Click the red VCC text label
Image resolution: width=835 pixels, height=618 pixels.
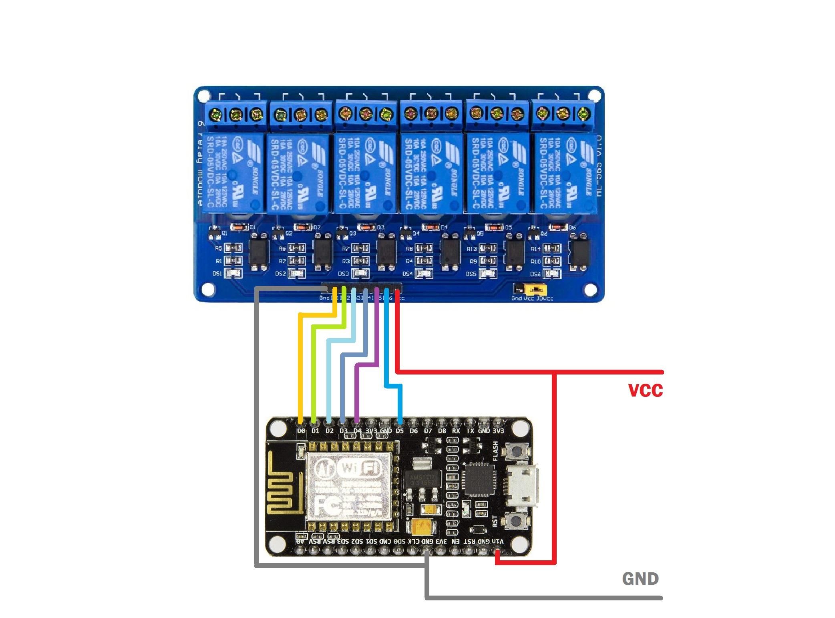pyautogui.click(x=645, y=390)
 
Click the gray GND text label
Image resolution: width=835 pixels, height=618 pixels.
pyautogui.click(x=640, y=578)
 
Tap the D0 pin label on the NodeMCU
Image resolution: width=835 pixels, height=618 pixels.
pyautogui.click(x=302, y=431)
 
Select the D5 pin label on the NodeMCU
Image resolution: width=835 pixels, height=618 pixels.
pyautogui.click(x=399, y=431)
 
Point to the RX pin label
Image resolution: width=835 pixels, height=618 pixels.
pyautogui.click(x=456, y=431)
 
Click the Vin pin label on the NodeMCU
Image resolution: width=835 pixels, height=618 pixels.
pyautogui.click(x=499, y=542)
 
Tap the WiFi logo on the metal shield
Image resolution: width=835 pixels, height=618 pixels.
pyautogui.click(x=359, y=467)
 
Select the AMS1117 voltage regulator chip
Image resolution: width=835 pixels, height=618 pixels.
pyautogui.click(x=423, y=480)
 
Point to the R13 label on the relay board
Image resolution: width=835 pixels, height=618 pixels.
pyautogui.click(x=472, y=249)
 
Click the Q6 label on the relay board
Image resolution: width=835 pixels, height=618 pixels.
pyautogui.click(x=544, y=233)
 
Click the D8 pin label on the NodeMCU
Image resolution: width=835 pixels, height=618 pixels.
pyautogui.click(x=442, y=431)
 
